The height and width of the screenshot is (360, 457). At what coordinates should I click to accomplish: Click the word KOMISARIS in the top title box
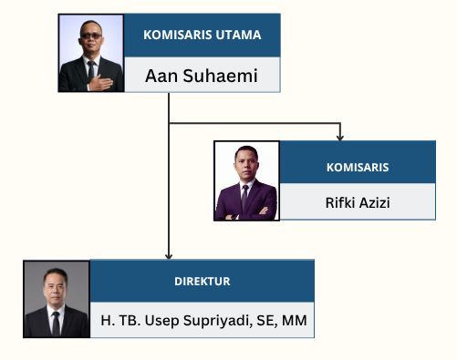click(x=178, y=35)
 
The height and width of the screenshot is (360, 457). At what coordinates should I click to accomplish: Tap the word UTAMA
click(x=239, y=35)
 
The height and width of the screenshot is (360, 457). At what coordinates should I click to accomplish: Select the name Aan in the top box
click(x=161, y=76)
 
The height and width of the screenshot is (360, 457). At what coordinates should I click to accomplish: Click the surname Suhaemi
click(x=220, y=76)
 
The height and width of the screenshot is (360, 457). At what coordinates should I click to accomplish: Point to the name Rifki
click(x=340, y=202)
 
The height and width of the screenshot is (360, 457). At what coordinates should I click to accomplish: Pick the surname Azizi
click(x=375, y=202)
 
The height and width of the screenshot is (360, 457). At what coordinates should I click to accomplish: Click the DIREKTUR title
click(x=203, y=282)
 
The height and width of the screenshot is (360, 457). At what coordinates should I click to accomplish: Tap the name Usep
click(x=161, y=321)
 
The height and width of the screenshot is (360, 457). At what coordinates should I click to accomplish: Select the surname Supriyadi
click(x=218, y=321)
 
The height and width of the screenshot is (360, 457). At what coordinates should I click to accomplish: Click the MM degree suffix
click(x=295, y=321)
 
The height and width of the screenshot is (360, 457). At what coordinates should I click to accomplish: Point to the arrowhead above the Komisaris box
click(x=340, y=138)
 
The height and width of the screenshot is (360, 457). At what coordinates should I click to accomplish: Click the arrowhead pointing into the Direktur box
click(x=169, y=256)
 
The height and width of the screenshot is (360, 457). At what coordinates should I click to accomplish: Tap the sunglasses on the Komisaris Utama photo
click(x=91, y=36)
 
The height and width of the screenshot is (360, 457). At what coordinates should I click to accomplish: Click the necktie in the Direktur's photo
click(x=56, y=324)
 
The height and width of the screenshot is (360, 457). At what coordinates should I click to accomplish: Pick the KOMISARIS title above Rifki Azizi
click(x=358, y=168)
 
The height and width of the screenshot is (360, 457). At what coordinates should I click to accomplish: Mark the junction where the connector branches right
click(x=169, y=123)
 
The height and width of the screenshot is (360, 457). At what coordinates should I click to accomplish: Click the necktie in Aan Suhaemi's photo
click(x=91, y=70)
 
